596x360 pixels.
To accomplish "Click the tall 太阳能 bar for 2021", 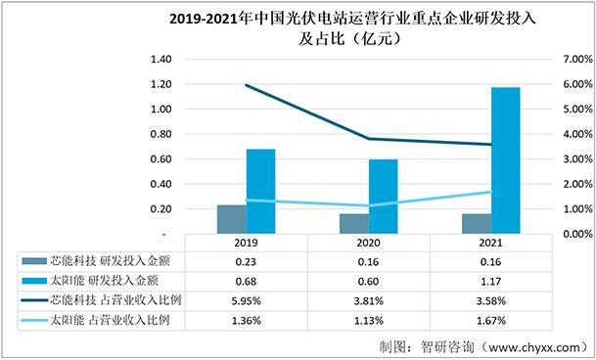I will (479, 160).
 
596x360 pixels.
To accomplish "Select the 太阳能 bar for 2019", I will (260, 192).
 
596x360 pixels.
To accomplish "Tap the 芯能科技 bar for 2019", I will (231, 219).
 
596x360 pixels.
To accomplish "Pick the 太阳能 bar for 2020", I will (384, 197).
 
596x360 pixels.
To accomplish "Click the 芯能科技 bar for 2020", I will (354, 223).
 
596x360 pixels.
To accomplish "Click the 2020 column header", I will (369, 243).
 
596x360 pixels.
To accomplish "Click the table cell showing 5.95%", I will (246, 299).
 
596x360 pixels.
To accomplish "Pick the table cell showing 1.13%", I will (369, 319).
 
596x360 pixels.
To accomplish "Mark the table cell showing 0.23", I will (246, 261).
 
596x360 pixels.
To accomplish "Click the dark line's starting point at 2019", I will (246, 85).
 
